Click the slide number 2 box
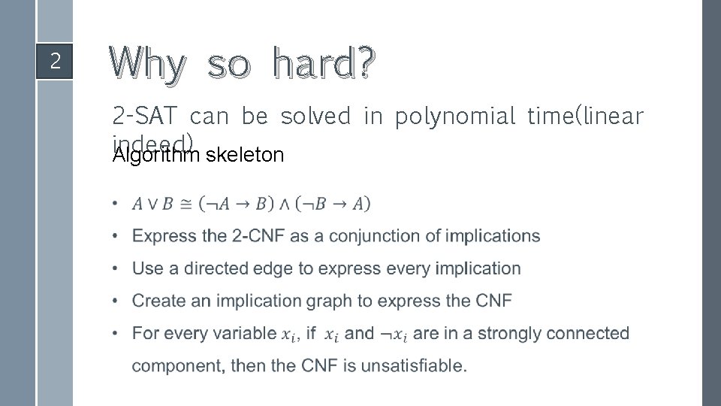(55, 61)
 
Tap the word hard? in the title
(323, 64)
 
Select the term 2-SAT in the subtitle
(145, 117)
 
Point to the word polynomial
(454, 117)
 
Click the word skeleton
(245, 156)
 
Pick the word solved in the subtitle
(315, 117)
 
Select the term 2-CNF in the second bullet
(259, 236)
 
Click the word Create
(156, 301)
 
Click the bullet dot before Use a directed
(114, 268)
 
